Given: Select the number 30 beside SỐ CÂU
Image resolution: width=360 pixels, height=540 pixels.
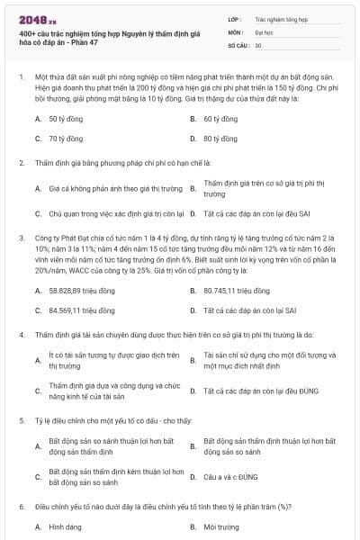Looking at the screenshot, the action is click(x=258, y=44).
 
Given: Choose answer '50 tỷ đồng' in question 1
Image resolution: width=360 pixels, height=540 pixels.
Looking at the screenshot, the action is click(x=66, y=118).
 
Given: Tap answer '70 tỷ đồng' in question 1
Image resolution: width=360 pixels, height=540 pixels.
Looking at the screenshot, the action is click(x=66, y=139).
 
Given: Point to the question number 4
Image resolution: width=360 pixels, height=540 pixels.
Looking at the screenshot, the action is click(x=21, y=333).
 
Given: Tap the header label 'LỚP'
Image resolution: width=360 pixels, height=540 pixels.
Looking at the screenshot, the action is click(x=234, y=17).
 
